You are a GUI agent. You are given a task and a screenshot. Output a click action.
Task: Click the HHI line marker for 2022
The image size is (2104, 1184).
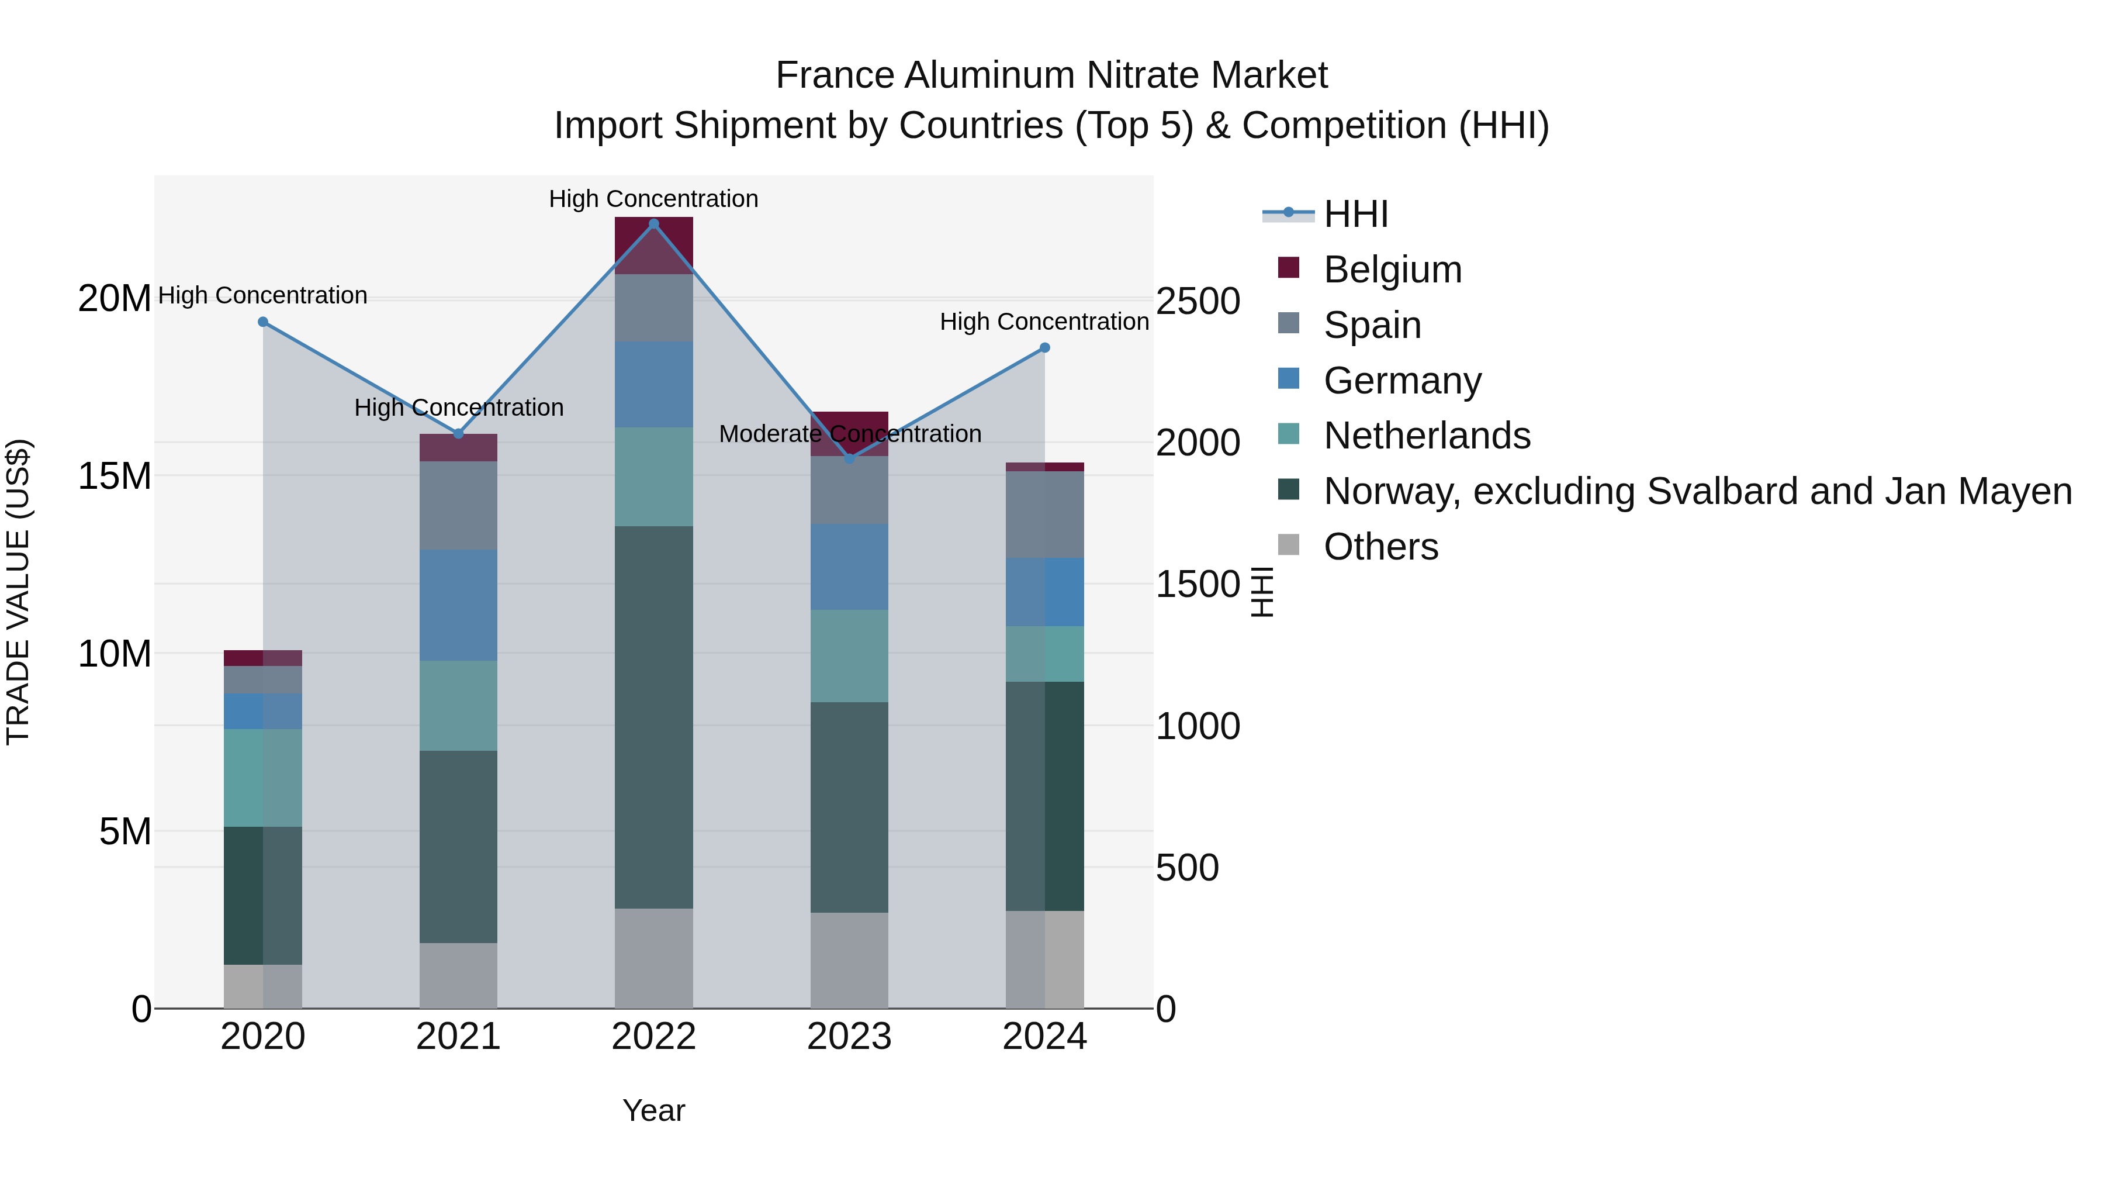point(653,224)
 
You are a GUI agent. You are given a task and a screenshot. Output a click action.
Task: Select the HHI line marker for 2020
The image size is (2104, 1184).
point(263,322)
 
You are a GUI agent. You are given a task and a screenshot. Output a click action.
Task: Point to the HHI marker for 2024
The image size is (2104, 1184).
point(1044,348)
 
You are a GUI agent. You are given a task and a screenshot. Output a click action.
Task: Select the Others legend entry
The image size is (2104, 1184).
point(1380,547)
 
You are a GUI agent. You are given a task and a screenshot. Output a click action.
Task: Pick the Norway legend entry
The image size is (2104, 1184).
point(1697,491)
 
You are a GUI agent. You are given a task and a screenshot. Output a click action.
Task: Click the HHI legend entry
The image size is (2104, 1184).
point(1356,214)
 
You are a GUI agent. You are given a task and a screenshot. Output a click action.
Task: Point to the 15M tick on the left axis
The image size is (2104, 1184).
point(115,475)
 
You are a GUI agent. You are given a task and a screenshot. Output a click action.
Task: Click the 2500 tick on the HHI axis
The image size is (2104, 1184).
point(1198,302)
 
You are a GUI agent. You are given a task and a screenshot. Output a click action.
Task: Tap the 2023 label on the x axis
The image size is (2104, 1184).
point(849,1037)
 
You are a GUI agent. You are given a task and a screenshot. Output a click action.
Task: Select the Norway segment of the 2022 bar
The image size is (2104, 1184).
point(653,717)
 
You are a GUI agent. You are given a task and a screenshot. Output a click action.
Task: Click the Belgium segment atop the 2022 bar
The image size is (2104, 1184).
point(653,245)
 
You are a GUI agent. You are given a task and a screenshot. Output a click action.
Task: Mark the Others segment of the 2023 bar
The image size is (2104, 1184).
point(849,960)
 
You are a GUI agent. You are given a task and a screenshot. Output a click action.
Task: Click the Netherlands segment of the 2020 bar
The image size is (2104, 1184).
point(263,777)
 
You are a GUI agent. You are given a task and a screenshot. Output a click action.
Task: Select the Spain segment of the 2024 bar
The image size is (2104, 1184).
point(1044,515)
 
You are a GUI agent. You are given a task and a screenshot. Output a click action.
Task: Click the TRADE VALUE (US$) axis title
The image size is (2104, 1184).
point(18,592)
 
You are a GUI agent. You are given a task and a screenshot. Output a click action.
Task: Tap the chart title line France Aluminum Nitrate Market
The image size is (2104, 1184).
point(1051,75)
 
